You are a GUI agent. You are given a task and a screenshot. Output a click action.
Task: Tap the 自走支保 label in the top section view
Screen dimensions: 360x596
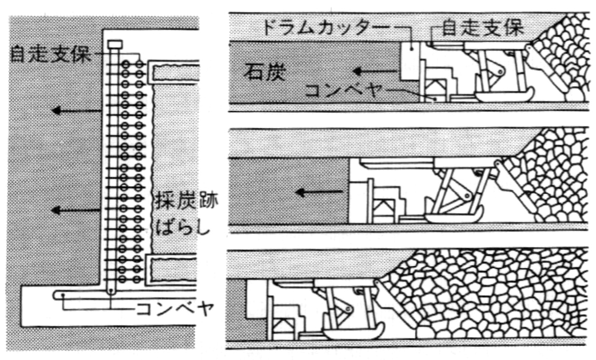click(x=482, y=28)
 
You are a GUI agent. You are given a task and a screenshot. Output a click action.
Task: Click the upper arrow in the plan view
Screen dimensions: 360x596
click(x=76, y=111)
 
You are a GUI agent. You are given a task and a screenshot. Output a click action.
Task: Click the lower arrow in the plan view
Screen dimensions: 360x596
click(x=76, y=209)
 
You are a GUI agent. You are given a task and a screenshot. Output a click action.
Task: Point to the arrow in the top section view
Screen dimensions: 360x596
click(x=375, y=72)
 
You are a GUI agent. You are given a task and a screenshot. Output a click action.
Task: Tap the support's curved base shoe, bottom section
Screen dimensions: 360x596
click(x=352, y=330)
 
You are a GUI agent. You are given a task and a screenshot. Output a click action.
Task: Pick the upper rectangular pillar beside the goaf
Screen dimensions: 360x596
click(x=174, y=71)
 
